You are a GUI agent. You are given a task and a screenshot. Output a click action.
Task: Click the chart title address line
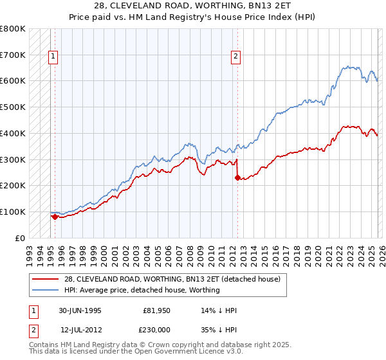pos(192,6)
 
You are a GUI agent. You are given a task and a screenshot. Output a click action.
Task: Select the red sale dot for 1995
pos(55,217)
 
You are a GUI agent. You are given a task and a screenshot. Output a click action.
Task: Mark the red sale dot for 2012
pos(237,177)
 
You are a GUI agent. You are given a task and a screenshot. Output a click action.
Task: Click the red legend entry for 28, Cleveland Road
pos(172,280)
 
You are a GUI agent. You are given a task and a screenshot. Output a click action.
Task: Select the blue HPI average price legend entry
pos(142,290)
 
